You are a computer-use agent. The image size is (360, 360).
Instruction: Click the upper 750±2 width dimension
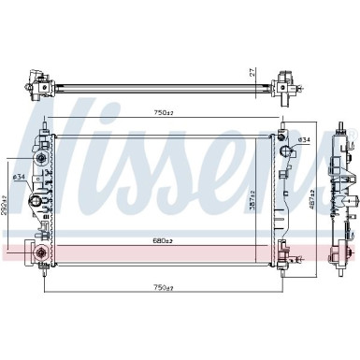(164, 112)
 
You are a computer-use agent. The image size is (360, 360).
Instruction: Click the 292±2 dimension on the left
(6, 203)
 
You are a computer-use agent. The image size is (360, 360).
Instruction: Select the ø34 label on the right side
(303, 140)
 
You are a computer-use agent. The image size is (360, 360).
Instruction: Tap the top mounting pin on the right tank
(280, 123)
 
